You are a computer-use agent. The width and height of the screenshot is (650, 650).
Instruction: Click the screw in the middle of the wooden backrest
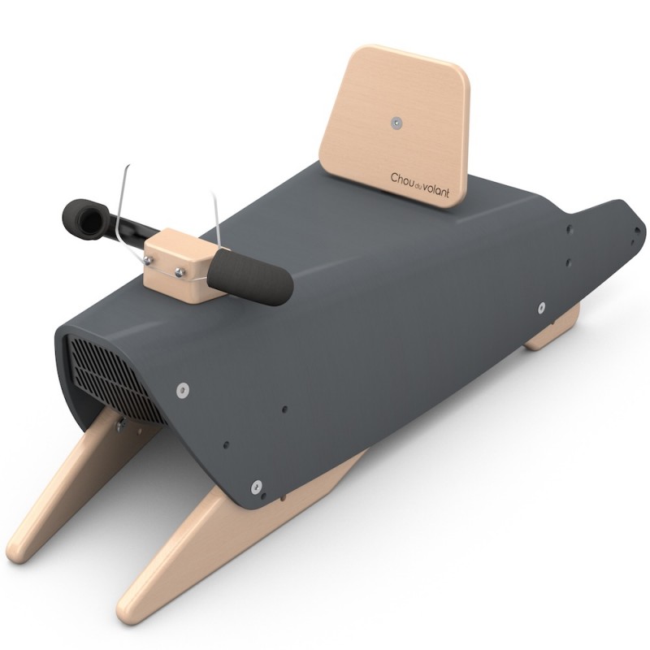(396, 123)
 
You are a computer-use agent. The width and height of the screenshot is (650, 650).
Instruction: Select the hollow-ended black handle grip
(85, 219)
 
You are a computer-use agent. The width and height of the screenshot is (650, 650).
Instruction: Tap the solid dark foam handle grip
(250, 276)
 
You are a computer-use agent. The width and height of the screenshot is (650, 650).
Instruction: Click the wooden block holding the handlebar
(185, 265)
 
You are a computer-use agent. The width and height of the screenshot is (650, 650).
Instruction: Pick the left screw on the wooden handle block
(148, 259)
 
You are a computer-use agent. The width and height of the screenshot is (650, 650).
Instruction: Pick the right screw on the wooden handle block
(180, 272)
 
